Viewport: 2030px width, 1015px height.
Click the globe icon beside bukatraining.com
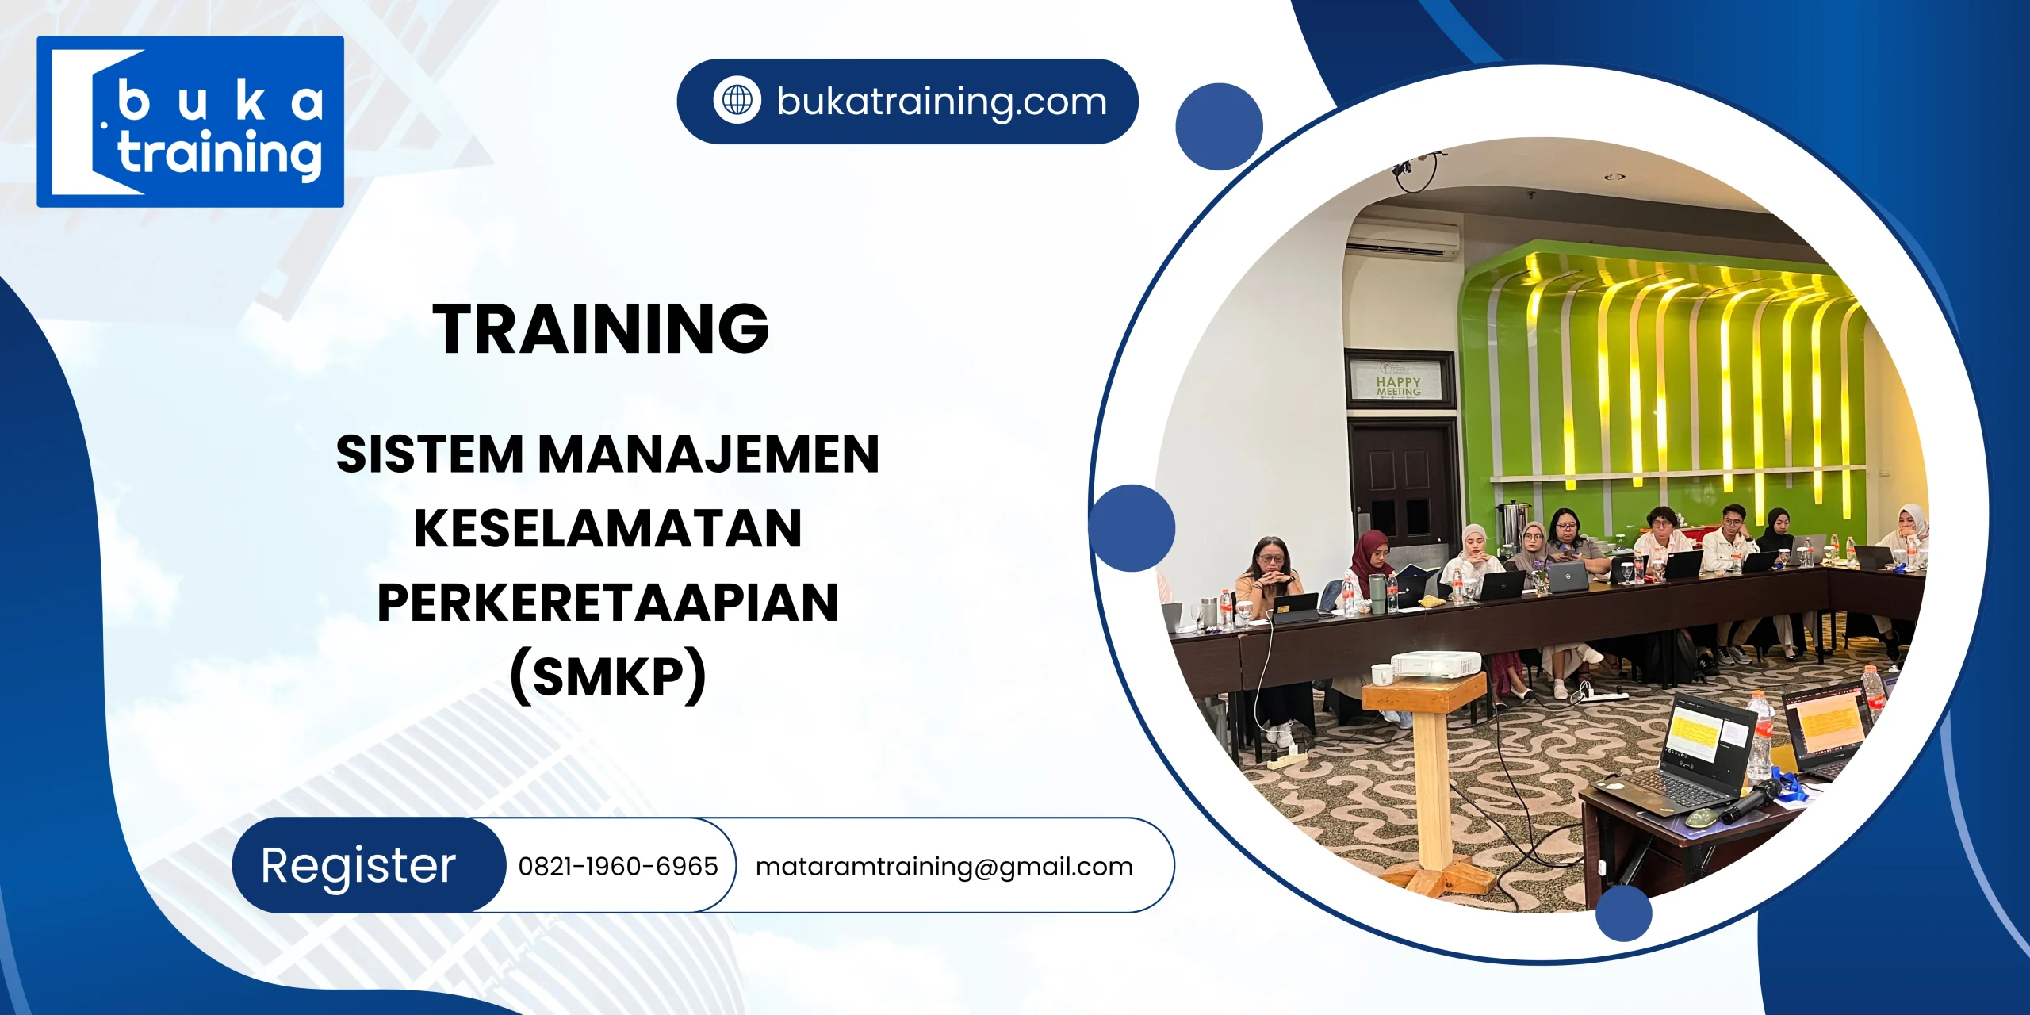[x=737, y=101]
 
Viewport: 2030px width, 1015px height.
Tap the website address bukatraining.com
[x=941, y=101]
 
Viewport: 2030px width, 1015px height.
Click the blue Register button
[x=359, y=865]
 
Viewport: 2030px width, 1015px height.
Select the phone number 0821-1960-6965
[x=618, y=867]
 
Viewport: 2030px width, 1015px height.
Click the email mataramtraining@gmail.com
[x=944, y=867]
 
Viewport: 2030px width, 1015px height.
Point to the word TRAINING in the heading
[x=600, y=328]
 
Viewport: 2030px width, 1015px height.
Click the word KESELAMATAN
[x=607, y=528]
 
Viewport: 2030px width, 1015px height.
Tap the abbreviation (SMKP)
[x=607, y=676]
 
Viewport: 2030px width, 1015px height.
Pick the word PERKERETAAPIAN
[x=607, y=603]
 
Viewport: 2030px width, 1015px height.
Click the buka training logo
[x=190, y=121]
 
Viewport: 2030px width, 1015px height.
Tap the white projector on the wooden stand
[x=1435, y=663]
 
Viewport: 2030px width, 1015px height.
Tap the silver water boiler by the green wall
[x=1511, y=523]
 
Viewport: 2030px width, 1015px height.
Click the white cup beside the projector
[x=1381, y=674]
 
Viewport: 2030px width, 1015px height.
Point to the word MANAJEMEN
[x=709, y=454]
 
